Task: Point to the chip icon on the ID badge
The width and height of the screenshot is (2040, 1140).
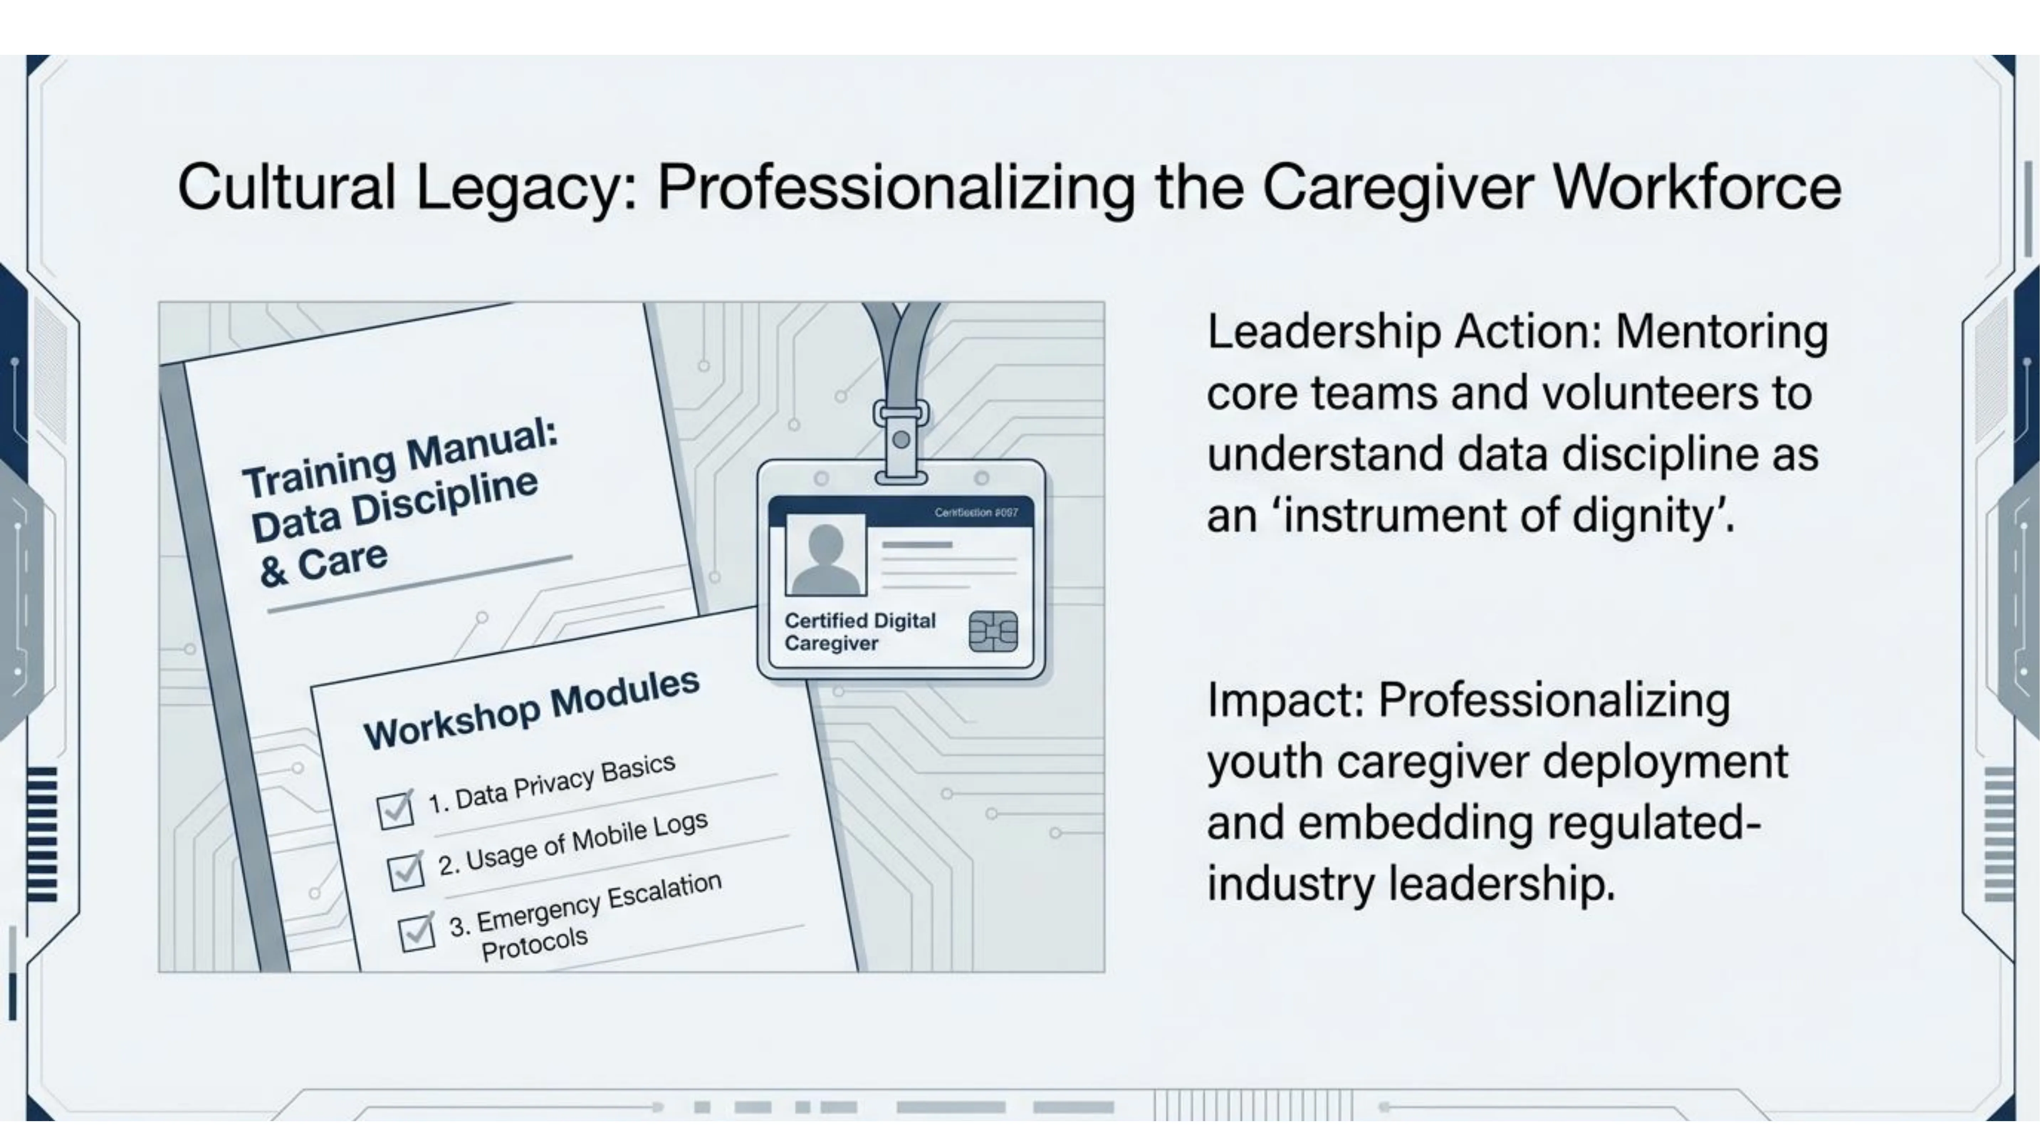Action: (x=993, y=631)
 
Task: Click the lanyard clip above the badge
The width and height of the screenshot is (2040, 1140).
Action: (x=900, y=440)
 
